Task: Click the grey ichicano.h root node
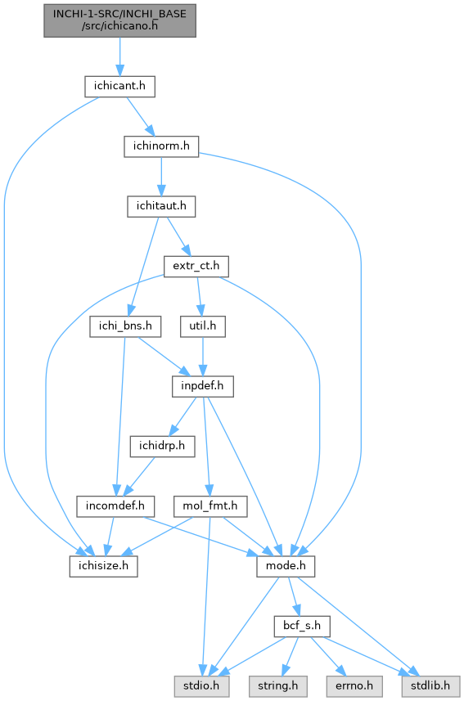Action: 119,20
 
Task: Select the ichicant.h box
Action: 119,86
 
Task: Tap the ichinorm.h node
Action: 161,146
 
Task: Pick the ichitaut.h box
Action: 161,206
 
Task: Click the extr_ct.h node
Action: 196,267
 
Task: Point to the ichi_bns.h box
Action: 125,326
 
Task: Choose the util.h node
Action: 203,326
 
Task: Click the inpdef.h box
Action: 203,386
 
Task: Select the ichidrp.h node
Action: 162,446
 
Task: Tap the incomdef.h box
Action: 115,506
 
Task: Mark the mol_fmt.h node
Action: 209,506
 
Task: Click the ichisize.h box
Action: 103,566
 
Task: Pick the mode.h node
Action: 286,566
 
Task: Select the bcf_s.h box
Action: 302,626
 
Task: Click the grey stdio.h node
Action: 201,685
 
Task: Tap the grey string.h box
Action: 278,685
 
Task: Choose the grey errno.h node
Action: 354,685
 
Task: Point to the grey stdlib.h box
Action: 430,685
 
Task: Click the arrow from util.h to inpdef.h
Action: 203,357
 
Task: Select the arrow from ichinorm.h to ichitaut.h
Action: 161,177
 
